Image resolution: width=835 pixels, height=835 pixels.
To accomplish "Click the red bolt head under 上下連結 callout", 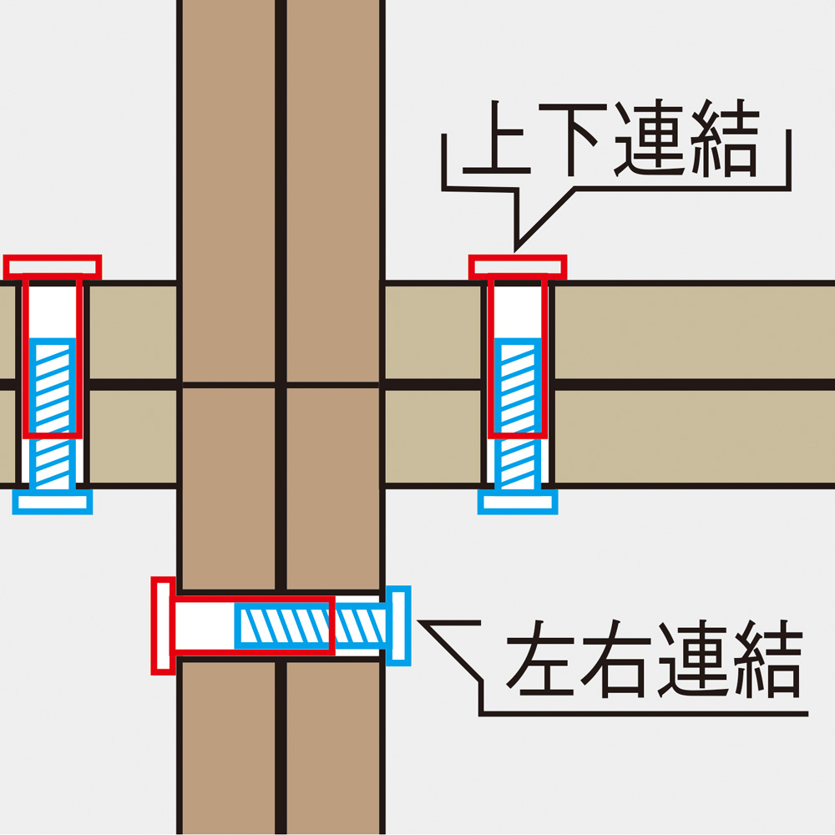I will coord(518,267).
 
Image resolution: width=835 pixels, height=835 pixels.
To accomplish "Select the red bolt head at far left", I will coord(52,267).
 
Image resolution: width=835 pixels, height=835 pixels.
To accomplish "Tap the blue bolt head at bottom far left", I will coord(52,501).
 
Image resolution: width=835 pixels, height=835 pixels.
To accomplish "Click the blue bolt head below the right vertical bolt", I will coord(518,501).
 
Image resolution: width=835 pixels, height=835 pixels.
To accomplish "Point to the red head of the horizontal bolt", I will coord(164,625).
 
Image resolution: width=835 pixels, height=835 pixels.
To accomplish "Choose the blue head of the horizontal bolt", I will coord(400,625).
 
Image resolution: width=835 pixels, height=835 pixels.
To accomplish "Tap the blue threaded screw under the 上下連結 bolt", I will coord(518,409).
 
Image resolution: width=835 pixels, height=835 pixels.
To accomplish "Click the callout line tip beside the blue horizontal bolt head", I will coord(422,621).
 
